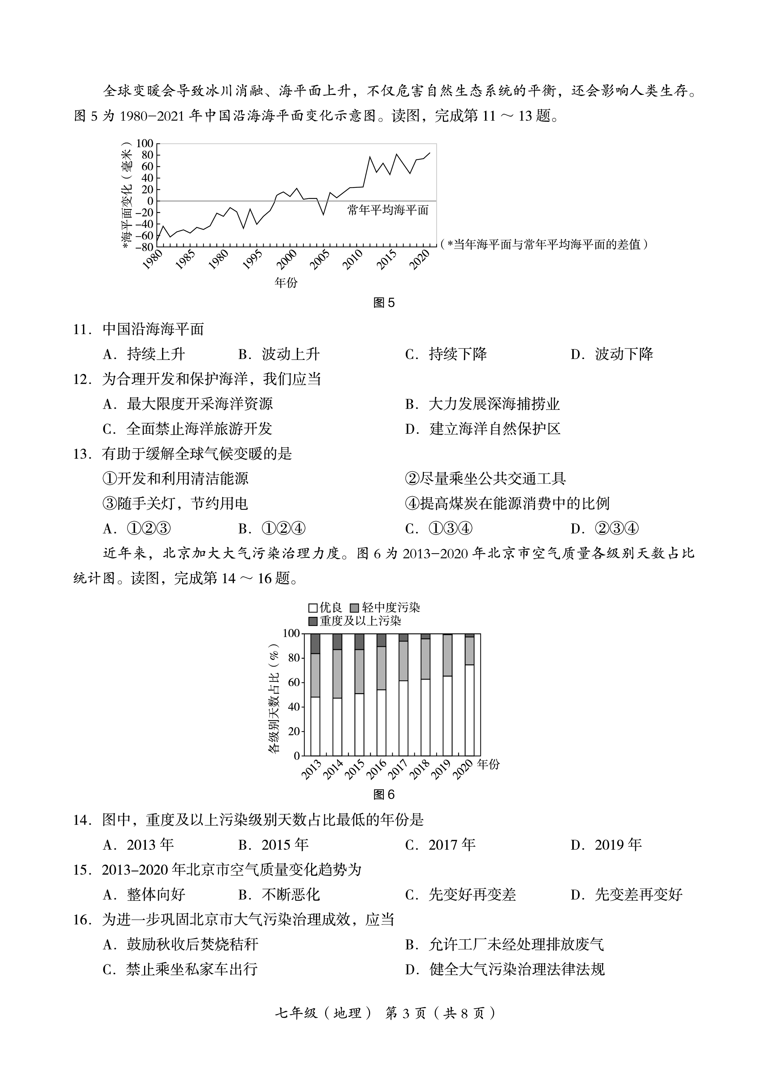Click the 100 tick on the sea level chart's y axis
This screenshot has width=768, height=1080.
[145, 143]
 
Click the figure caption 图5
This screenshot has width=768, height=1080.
[383, 303]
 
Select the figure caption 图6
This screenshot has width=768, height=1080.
[383, 795]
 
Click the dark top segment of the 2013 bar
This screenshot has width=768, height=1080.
[315, 643]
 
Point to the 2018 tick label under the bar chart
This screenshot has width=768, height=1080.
[419, 770]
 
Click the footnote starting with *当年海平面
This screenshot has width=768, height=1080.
[544, 244]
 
